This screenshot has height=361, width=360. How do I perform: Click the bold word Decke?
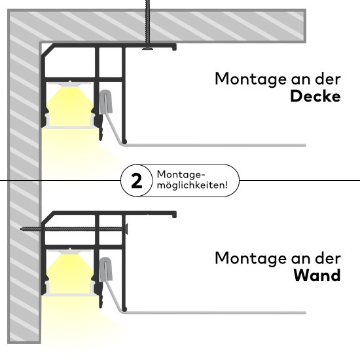tap(315, 96)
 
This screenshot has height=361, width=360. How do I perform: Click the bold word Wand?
tap(317, 276)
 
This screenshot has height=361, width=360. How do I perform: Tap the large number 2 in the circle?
tap(137, 181)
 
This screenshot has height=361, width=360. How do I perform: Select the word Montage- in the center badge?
tap(181, 175)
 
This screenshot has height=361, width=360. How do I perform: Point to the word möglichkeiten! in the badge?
tap(192, 185)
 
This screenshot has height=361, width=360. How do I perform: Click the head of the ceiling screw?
tap(148, 48)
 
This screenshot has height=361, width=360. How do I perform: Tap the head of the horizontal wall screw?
tap(126, 229)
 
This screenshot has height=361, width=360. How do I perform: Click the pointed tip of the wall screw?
tap(21, 229)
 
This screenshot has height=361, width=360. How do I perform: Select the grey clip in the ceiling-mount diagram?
tap(106, 102)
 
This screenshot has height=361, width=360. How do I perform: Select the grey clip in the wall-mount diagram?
tap(106, 269)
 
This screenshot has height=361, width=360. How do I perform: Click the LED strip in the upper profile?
tap(70, 85)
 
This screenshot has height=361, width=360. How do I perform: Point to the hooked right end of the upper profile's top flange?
tap(175, 47)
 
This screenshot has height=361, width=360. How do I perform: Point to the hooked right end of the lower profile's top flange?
tap(175, 215)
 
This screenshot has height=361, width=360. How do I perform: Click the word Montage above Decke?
tap(251, 80)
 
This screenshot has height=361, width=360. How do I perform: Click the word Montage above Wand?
tap(251, 259)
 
